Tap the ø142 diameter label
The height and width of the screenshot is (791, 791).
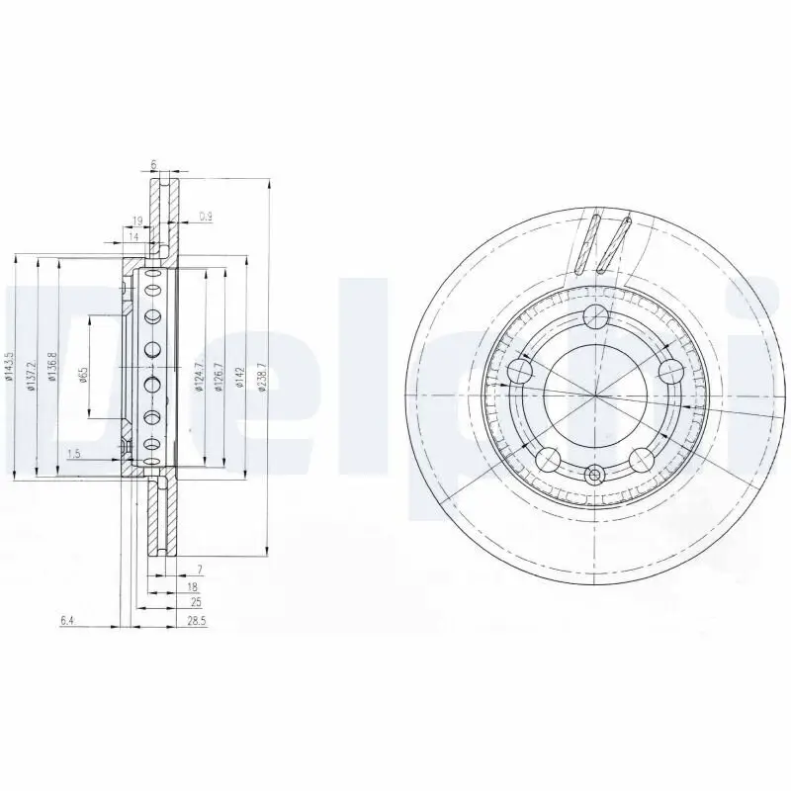(239, 379)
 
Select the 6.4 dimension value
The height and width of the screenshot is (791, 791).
(67, 620)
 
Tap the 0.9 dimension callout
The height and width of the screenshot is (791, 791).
(205, 216)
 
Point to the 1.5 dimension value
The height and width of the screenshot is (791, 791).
(74, 454)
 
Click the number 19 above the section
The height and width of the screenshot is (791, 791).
(137, 220)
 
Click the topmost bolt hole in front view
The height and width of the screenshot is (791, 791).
(595, 316)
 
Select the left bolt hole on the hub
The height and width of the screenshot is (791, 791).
(520, 371)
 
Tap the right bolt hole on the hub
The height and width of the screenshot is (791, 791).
(671, 371)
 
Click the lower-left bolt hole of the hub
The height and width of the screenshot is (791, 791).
(549, 459)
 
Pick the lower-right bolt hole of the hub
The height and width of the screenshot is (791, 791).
(642, 459)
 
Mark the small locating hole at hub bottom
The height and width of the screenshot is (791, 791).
(595, 476)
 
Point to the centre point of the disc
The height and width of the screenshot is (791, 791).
(595, 395)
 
